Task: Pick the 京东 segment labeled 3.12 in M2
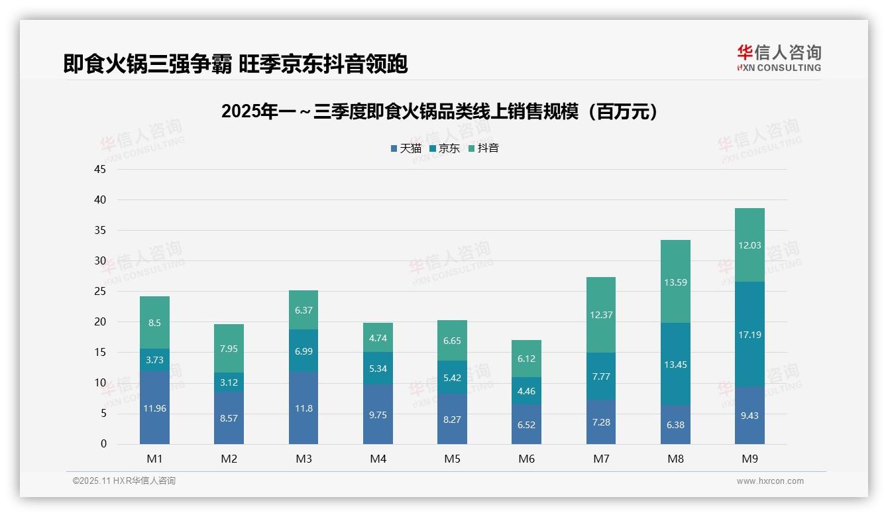[229, 382]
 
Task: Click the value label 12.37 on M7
[601, 315]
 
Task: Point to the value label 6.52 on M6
[526, 425]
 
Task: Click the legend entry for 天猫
[406, 148]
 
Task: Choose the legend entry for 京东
[445, 148]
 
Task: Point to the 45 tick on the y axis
[100, 169]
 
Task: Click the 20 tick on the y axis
[100, 321]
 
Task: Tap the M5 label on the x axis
[452, 459]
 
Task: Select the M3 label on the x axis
[304, 459]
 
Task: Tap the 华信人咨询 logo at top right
[779, 58]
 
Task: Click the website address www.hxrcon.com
[770, 481]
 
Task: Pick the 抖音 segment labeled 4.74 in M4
[378, 337]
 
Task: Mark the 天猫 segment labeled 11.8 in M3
[304, 408]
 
